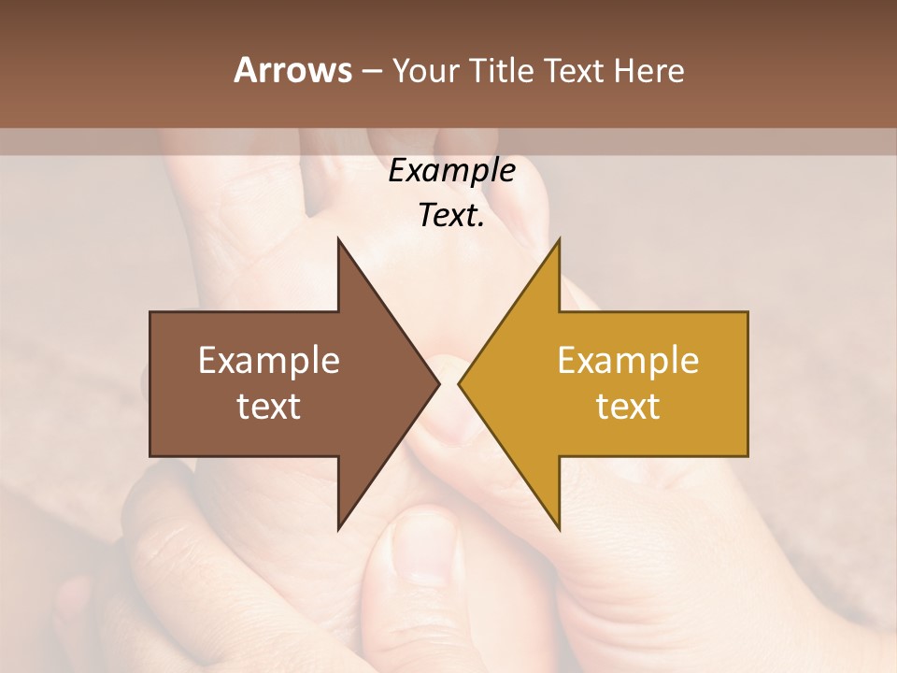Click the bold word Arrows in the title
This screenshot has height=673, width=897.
click(x=292, y=70)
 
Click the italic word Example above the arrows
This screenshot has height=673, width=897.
click(x=451, y=170)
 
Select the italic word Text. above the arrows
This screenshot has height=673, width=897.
click(x=451, y=216)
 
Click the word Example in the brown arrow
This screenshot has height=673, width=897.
click(x=269, y=360)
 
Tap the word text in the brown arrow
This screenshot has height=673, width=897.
click(x=269, y=407)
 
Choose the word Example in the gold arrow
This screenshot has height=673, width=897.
click(x=628, y=360)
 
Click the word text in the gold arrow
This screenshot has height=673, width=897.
click(x=628, y=407)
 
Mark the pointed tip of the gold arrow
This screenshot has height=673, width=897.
click(x=459, y=383)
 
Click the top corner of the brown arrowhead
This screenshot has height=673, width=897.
click(x=338, y=239)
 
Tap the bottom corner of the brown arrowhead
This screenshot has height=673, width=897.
click(x=338, y=529)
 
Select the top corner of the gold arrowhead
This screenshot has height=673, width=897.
click(x=559, y=239)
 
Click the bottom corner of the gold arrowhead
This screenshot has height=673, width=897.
click(x=559, y=529)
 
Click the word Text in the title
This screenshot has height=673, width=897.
click(x=575, y=70)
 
